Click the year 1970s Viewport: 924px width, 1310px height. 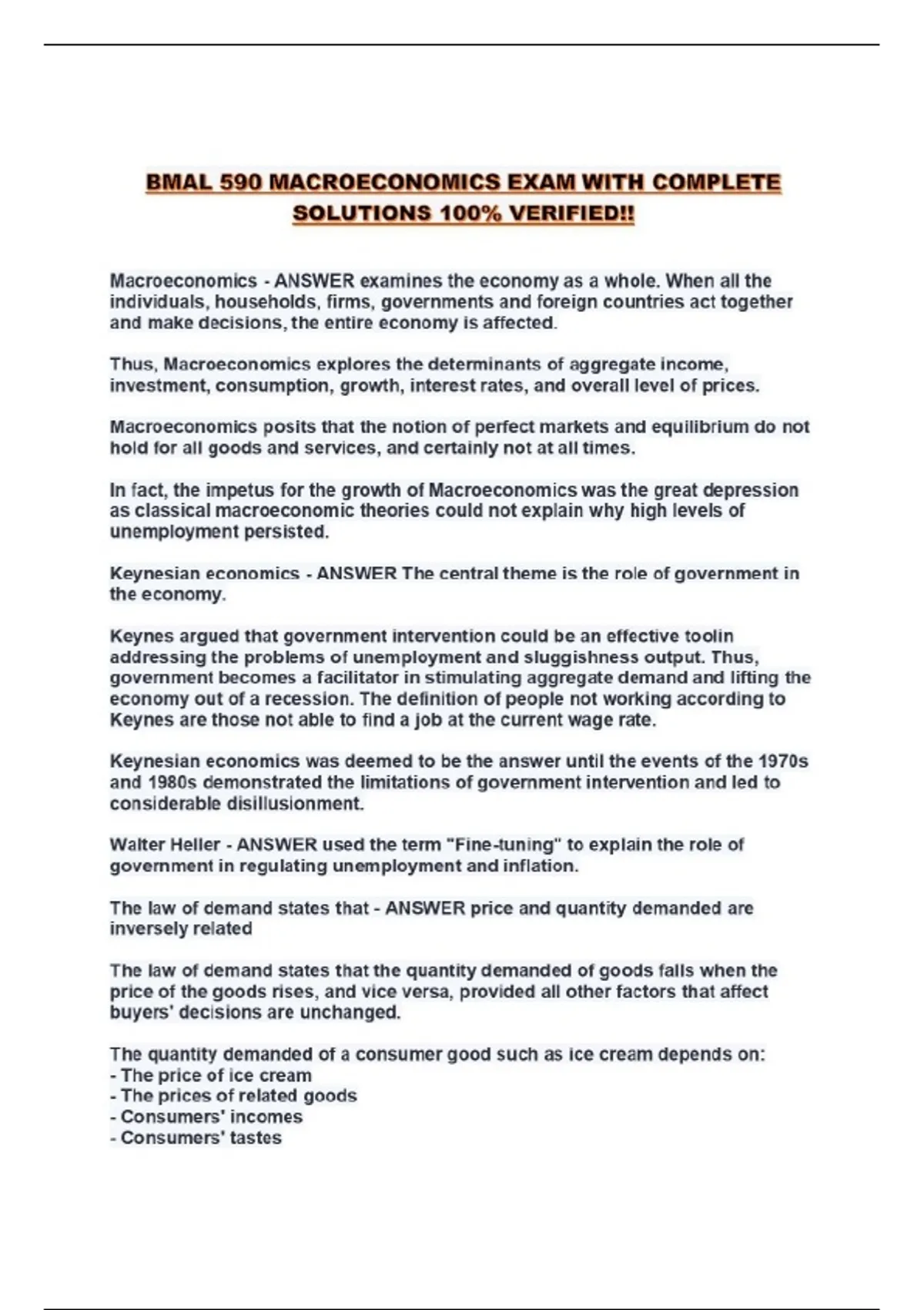(x=782, y=761)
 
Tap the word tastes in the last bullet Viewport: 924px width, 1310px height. (x=256, y=1137)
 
